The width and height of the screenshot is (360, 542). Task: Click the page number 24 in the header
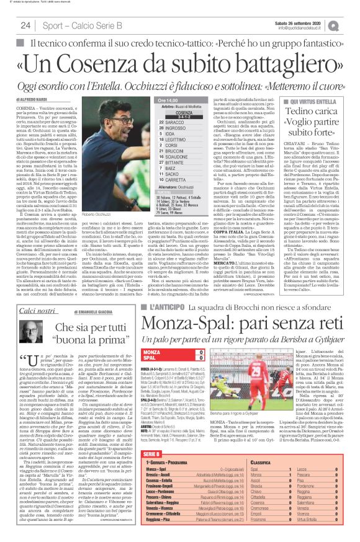(25, 25)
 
